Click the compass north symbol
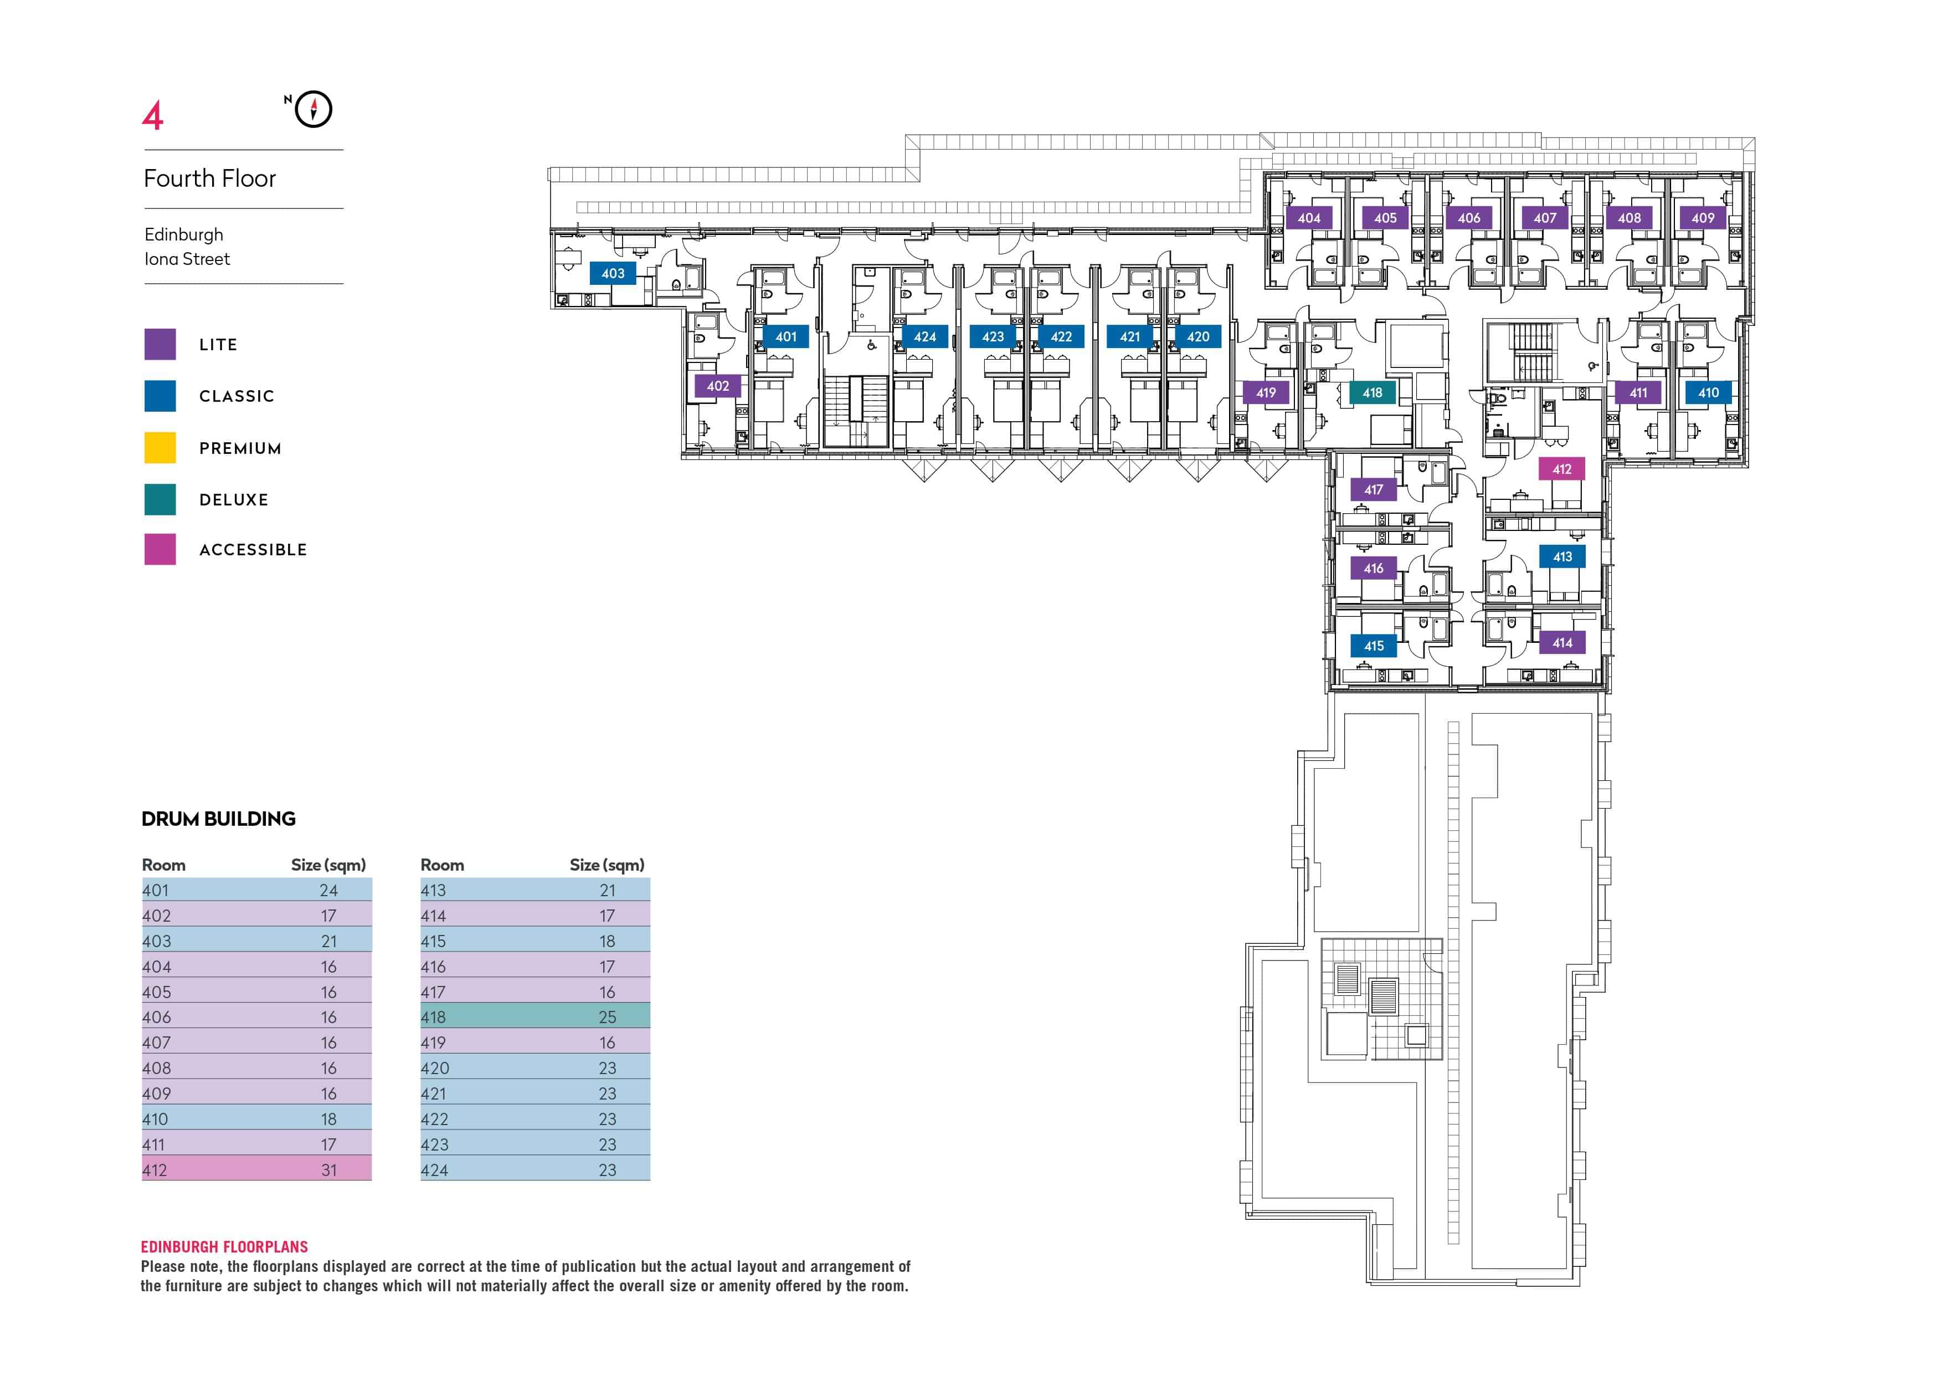[x=313, y=109]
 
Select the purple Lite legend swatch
[x=160, y=345]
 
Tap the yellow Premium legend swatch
[x=160, y=448]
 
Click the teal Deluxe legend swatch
[x=160, y=499]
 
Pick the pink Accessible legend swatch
[x=160, y=549]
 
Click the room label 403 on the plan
[x=613, y=273]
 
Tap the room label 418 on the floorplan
[x=1372, y=393]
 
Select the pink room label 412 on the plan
[x=1561, y=469]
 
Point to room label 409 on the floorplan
[x=1703, y=218]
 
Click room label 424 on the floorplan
[x=925, y=337]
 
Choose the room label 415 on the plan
[x=1374, y=646]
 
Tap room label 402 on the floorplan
[x=718, y=386]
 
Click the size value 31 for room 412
[x=329, y=1170]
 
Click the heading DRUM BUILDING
[x=218, y=819]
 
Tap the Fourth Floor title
[x=210, y=178]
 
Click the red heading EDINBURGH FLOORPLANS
[x=224, y=1246]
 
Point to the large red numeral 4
[x=152, y=116]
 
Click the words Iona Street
[x=187, y=259]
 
